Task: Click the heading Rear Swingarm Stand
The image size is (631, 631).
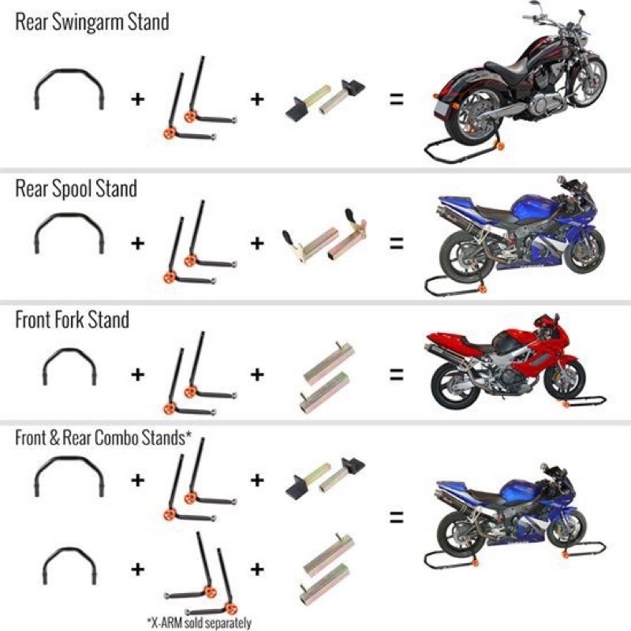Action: [91, 21]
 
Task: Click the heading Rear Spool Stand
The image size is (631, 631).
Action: [76, 189]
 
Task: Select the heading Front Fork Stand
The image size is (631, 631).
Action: [72, 321]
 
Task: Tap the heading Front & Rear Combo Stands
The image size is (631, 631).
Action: [103, 438]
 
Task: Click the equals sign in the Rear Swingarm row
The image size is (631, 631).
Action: [395, 100]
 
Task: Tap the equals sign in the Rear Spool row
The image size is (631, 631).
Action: [395, 242]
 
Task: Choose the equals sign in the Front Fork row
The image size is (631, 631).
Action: [395, 373]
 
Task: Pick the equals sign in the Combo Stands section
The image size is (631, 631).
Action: [395, 518]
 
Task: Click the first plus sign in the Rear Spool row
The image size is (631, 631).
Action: [138, 242]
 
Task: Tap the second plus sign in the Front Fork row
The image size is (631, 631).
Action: [257, 373]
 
